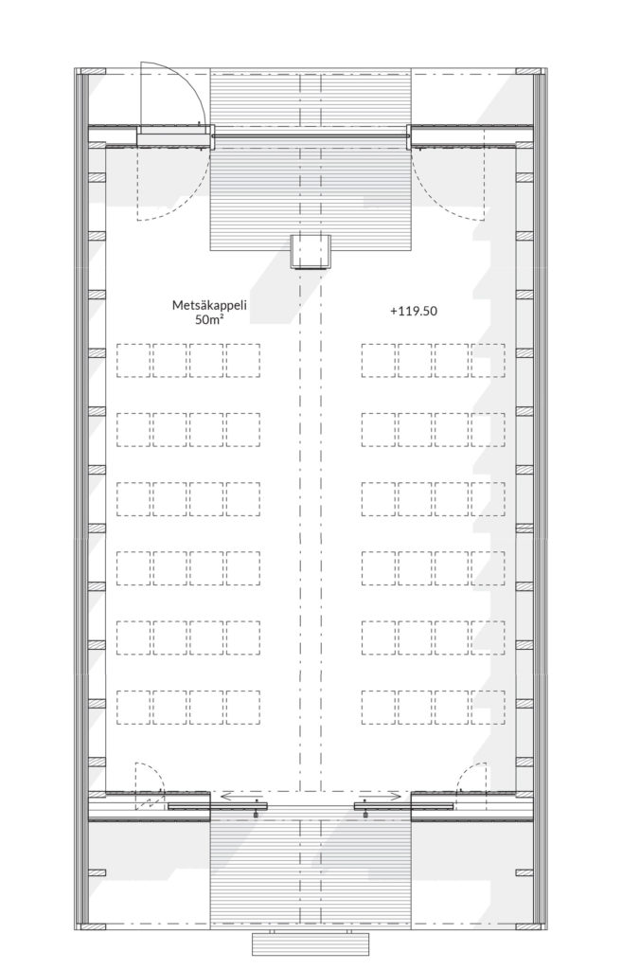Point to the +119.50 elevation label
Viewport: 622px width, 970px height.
(x=412, y=310)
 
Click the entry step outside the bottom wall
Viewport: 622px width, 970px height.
(x=310, y=943)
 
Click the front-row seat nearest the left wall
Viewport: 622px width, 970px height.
(x=133, y=360)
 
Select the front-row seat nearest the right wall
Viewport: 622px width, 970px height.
(x=488, y=360)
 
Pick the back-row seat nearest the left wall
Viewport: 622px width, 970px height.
(x=133, y=707)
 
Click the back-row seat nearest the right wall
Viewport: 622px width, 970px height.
(x=488, y=707)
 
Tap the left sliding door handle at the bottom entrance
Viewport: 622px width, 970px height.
(x=256, y=811)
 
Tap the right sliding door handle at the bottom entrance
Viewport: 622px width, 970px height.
(x=365, y=811)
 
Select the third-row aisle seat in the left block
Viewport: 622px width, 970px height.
(x=243, y=498)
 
